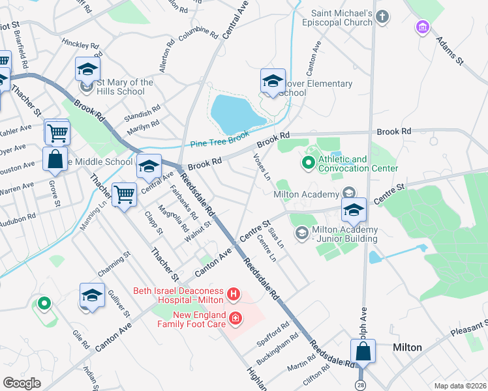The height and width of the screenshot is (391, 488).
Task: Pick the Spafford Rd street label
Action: click(277, 332)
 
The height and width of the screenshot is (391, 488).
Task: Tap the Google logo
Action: click(22, 383)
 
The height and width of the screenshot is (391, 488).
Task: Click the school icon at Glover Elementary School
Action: click(273, 81)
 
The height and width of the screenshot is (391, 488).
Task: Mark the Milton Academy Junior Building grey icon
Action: click(301, 233)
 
